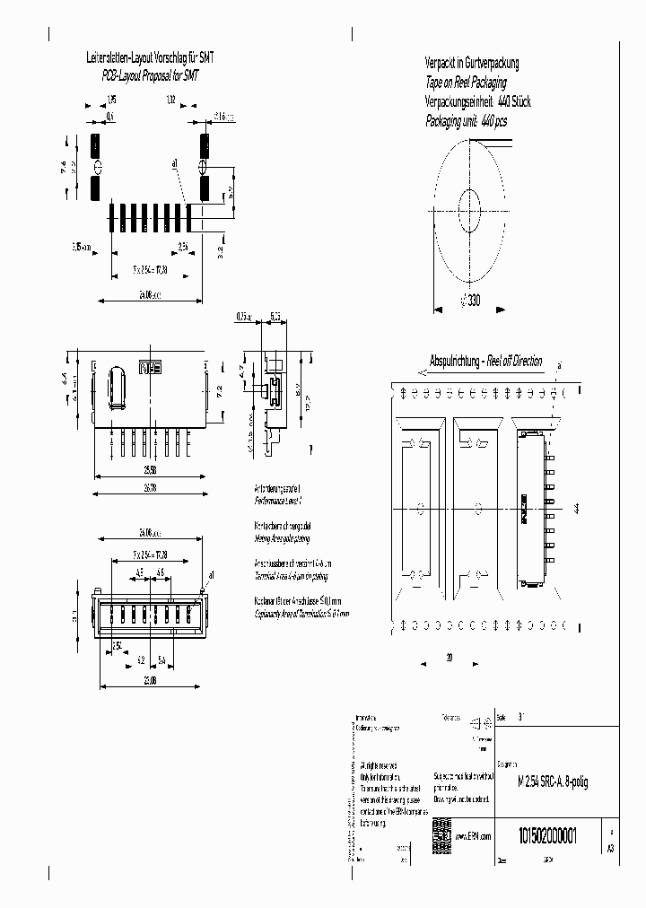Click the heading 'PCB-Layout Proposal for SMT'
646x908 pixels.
pos(144,78)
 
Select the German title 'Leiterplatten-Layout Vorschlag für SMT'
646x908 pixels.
pos(144,59)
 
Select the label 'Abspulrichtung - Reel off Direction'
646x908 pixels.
pos(486,362)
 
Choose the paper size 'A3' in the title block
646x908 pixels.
pos(611,847)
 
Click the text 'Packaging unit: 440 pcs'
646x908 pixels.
pos(466,121)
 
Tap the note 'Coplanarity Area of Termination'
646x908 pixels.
pos(301,614)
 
